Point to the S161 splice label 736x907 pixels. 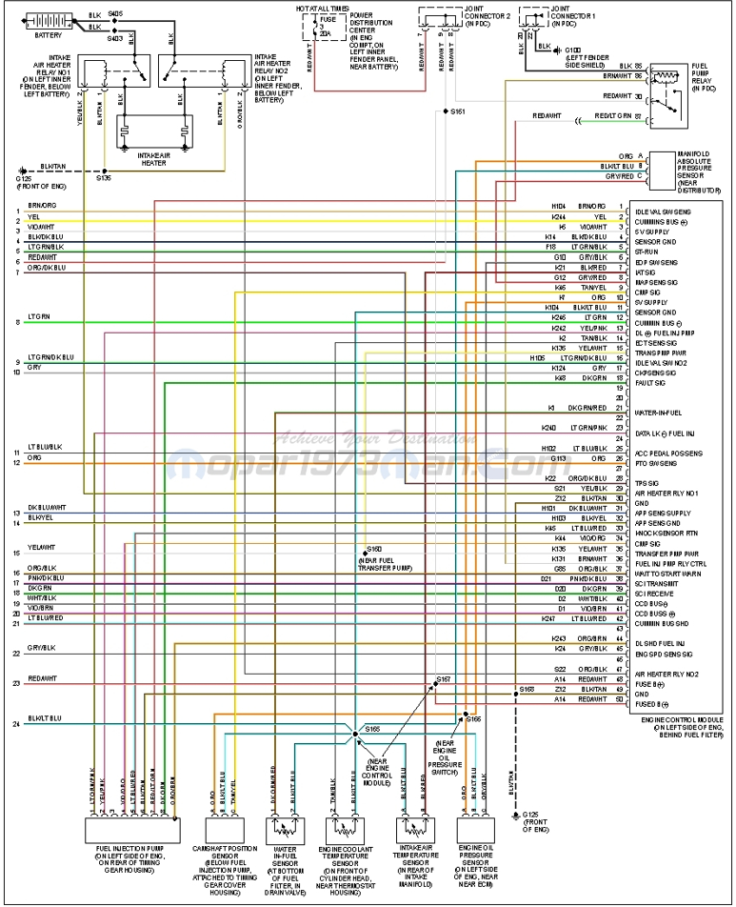coord(458,112)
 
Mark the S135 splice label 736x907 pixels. coord(104,178)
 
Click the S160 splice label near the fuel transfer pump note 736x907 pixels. coord(374,550)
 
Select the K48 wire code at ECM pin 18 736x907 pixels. coord(562,377)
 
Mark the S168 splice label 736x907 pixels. coord(526,688)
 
